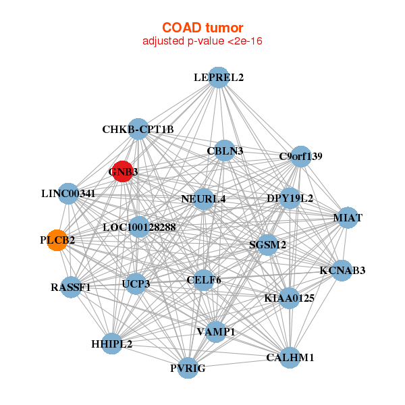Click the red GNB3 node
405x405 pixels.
tap(123, 171)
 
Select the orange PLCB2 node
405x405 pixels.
tap(57, 240)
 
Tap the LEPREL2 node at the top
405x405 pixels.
tap(219, 78)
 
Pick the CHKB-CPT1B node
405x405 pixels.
tap(138, 129)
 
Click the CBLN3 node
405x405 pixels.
tap(225, 151)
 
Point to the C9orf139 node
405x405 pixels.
tap(300, 157)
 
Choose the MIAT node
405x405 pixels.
tap(348, 218)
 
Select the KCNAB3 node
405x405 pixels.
tap(342, 271)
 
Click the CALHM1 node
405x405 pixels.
tap(290, 358)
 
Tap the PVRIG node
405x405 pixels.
tap(188, 368)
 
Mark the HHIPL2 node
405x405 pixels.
tap(111, 344)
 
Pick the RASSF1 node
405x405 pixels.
tap(71, 288)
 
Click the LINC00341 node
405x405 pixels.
tap(68, 194)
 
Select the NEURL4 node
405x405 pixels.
tap(204, 199)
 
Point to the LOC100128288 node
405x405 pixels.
tap(139, 227)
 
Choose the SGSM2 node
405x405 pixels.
tap(267, 245)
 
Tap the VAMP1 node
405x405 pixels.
tap(216, 332)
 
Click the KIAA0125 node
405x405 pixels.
tap(290, 298)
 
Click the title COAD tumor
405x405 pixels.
tap(202, 28)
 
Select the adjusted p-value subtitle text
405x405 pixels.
tap(202, 41)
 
